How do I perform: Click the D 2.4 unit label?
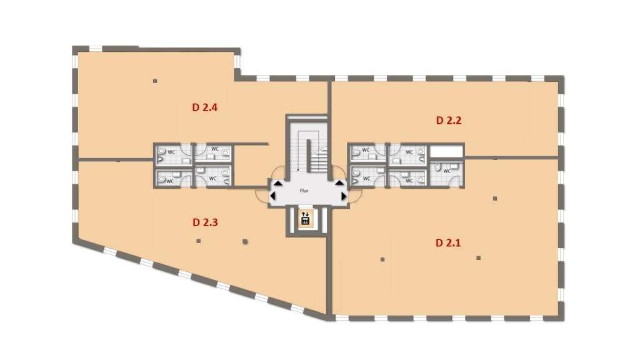click(x=204, y=107)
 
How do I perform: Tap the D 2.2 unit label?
click(x=448, y=120)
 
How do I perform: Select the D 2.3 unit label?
click(x=204, y=222)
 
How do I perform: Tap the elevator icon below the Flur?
click(x=306, y=219)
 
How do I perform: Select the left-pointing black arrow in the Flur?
click(x=272, y=196)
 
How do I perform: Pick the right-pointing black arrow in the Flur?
click(x=343, y=196)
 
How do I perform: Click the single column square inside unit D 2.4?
click(x=154, y=81)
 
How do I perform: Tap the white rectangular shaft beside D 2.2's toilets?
click(x=446, y=151)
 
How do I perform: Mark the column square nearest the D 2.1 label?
click(x=478, y=257)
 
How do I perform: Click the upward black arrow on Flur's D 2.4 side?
click(x=276, y=183)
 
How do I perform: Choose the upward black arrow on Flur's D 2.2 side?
click(x=339, y=183)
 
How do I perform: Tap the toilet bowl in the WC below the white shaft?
click(x=439, y=167)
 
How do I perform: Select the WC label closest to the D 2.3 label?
click(x=212, y=178)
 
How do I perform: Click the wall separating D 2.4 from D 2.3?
click(x=116, y=160)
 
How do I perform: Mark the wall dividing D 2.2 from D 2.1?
click(x=509, y=157)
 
